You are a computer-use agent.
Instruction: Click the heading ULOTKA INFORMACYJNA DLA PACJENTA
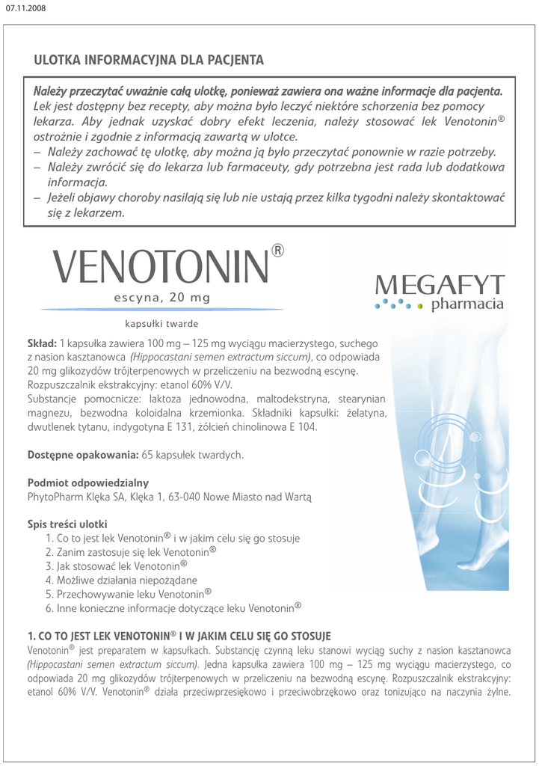pyautogui.click(x=149, y=59)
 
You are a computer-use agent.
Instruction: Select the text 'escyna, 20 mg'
pyautogui.click(x=161, y=298)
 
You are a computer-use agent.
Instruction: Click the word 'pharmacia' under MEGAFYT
pyautogui.click(x=470, y=305)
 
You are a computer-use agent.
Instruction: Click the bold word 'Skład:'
pyautogui.click(x=43, y=343)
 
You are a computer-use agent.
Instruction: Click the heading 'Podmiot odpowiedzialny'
pyautogui.click(x=88, y=482)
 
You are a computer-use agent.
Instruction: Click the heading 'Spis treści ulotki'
pyautogui.click(x=67, y=524)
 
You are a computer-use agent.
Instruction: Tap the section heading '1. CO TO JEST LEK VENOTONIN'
pyautogui.click(x=179, y=636)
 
